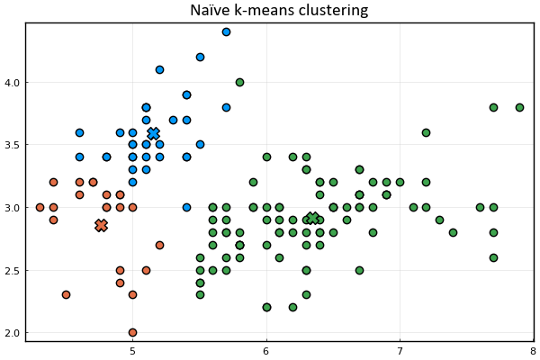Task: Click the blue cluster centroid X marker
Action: pyautogui.click(x=153, y=133)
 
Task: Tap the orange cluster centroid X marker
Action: pyautogui.click(x=101, y=225)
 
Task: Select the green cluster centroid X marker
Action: pyautogui.click(x=312, y=218)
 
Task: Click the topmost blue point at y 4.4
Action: pyautogui.click(x=226, y=32)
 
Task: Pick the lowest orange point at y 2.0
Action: pyautogui.click(x=132, y=332)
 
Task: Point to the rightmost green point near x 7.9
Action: pyautogui.click(x=519, y=107)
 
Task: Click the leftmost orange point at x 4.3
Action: pyautogui.click(x=40, y=207)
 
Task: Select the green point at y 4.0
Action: pyautogui.click(x=239, y=82)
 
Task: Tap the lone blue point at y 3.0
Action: pyautogui.click(x=186, y=207)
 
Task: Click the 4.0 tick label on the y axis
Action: pyautogui.click(x=12, y=83)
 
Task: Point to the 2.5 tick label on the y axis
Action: pyautogui.click(x=12, y=270)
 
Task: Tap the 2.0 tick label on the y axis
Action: pyautogui.click(x=12, y=333)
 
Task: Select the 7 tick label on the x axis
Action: pyautogui.click(x=400, y=351)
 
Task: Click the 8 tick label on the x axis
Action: pyautogui.click(x=534, y=351)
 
